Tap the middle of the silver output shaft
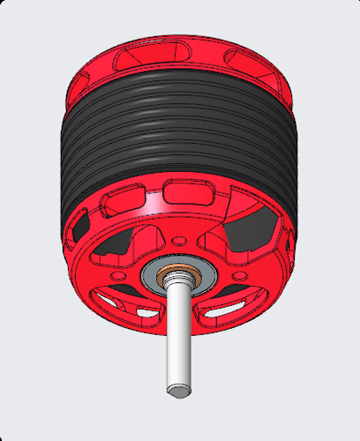click(x=178, y=335)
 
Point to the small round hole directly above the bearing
click(x=179, y=241)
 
